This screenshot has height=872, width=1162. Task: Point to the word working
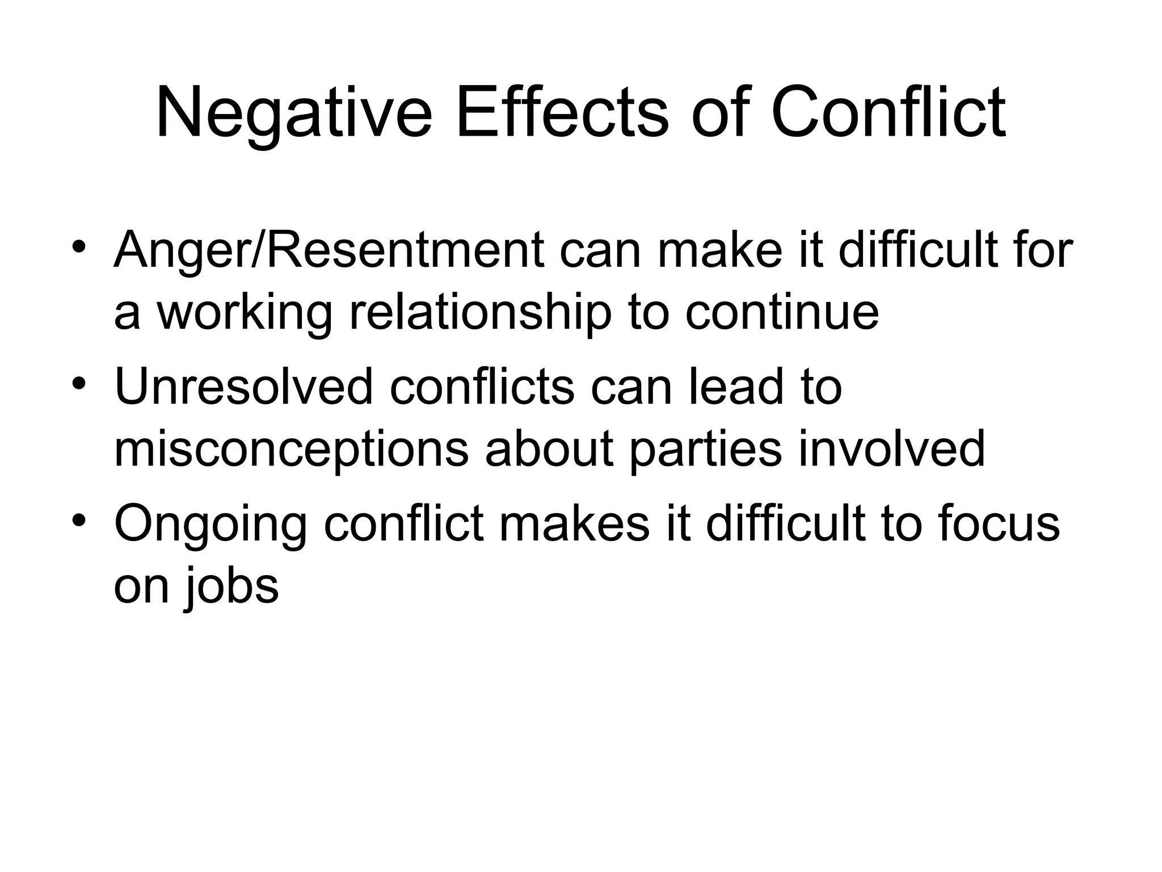tap(245, 313)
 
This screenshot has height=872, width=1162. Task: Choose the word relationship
tap(480, 313)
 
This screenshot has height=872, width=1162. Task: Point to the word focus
tap(999, 523)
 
